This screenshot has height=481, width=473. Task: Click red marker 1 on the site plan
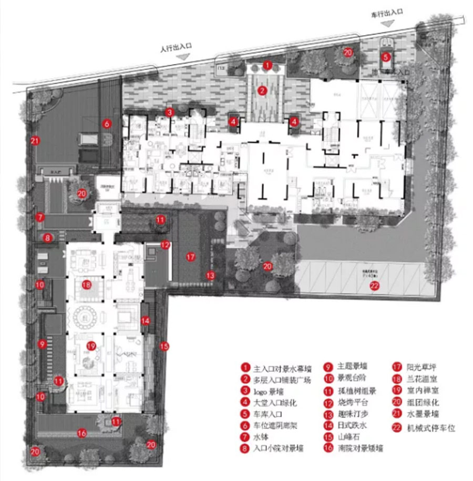point(268,66)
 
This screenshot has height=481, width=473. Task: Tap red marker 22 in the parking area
point(374,286)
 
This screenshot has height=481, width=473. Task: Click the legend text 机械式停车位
point(431,428)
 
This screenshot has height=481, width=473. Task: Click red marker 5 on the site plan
point(385,57)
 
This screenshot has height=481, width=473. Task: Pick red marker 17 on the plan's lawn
point(190,257)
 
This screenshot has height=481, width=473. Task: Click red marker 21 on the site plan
point(35,141)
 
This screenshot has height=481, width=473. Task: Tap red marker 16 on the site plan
point(82,433)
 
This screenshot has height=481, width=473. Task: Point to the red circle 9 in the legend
point(326,367)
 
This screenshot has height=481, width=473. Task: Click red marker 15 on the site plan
point(165,346)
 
